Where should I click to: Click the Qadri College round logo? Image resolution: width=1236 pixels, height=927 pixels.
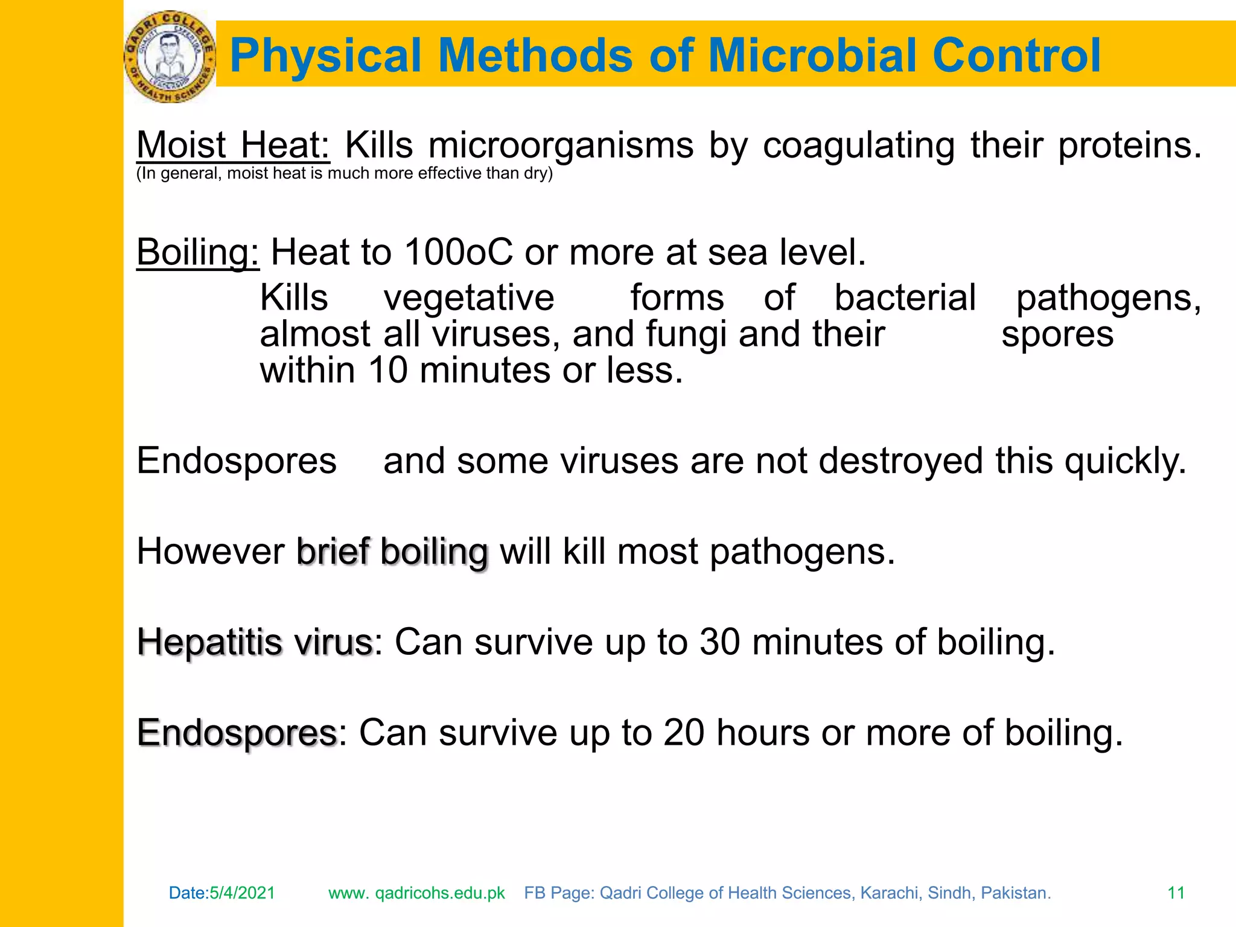click(x=170, y=56)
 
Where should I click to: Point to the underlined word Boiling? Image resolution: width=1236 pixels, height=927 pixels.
click(x=198, y=252)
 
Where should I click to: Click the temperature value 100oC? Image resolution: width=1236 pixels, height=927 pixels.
click(x=459, y=252)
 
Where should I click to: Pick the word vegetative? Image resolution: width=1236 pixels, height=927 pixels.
click(x=469, y=298)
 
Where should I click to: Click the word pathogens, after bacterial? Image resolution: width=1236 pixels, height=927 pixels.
click(x=1108, y=298)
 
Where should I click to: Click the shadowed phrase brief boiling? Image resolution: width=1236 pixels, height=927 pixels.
click(x=392, y=552)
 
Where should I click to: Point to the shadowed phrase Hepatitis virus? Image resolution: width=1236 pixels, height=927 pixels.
click(x=255, y=642)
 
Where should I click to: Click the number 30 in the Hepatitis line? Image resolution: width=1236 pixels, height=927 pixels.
click(x=719, y=642)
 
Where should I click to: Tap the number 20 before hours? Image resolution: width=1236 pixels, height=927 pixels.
click(x=684, y=733)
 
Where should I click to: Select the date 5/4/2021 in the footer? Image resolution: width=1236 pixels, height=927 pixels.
click(x=242, y=893)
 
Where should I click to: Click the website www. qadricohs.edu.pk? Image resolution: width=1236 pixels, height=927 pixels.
click(x=416, y=893)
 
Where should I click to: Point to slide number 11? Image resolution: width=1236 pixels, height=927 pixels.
click(x=1176, y=893)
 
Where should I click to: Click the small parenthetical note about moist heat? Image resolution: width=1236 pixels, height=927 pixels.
click(x=344, y=173)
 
